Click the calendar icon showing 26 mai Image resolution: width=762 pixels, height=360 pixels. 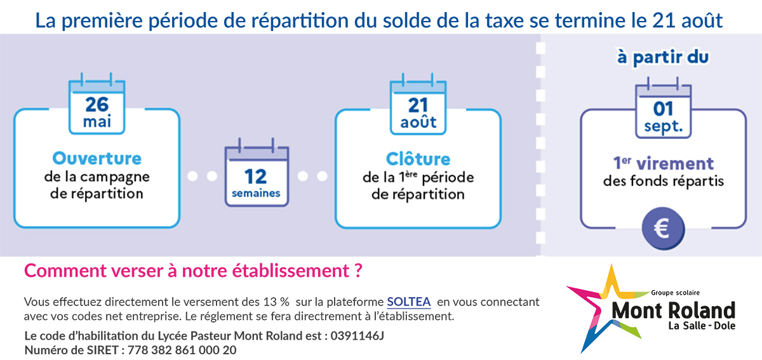(x=97, y=103)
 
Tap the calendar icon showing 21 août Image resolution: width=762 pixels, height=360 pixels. (x=418, y=104)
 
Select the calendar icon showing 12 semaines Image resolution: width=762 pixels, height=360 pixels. (x=257, y=172)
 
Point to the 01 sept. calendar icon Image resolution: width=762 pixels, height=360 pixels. (x=664, y=107)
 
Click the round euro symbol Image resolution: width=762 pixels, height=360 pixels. (x=664, y=229)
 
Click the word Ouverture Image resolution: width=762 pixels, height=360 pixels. (x=97, y=159)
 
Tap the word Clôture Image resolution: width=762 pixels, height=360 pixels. (x=418, y=159)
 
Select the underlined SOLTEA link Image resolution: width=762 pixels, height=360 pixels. (x=409, y=302)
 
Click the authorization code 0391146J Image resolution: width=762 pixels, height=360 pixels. (x=357, y=336)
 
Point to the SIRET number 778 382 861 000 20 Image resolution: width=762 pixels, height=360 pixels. (x=182, y=350)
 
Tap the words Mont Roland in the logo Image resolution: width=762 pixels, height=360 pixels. (x=674, y=310)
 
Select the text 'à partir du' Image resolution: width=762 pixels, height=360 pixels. (x=663, y=57)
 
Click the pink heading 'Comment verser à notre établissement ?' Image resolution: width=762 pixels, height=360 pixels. (x=193, y=271)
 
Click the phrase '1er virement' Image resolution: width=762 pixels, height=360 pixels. (x=664, y=163)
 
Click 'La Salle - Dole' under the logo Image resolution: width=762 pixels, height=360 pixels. (x=702, y=326)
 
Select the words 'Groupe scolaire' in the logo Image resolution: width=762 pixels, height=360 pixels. (x=675, y=293)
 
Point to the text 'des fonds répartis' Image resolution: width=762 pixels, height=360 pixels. (x=664, y=181)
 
